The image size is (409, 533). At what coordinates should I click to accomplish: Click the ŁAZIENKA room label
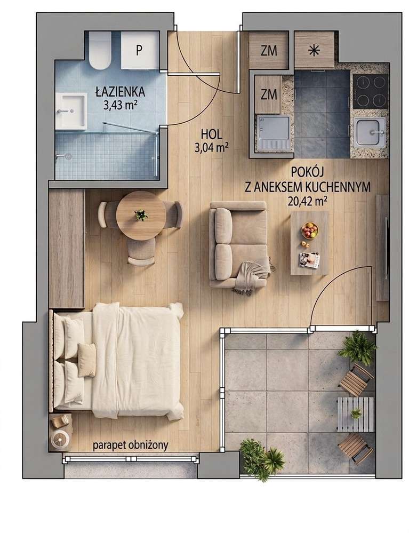pos(121,91)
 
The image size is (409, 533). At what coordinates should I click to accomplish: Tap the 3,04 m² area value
pos(211,148)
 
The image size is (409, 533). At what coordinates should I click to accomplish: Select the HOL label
pos(212,134)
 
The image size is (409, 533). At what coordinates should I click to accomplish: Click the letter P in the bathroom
pos(139,50)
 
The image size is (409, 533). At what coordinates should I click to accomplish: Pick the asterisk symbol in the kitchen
pos(314,50)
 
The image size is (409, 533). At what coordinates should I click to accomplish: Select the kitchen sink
pos(371,132)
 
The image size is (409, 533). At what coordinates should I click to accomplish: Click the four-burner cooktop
pos(371,91)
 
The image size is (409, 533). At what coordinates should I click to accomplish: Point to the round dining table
pos(141,216)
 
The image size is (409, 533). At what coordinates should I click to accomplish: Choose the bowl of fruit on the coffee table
pos(309,230)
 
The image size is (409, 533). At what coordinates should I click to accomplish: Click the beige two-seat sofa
pos(238,244)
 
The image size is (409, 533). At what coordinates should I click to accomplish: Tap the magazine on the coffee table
pos(309,260)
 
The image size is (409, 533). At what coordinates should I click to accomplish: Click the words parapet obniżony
pos(131,446)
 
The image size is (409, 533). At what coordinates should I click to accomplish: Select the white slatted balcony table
pos(355,414)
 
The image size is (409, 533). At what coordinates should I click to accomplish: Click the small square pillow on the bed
pos(87,360)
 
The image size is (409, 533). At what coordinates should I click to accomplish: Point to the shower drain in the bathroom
pos(69,156)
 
